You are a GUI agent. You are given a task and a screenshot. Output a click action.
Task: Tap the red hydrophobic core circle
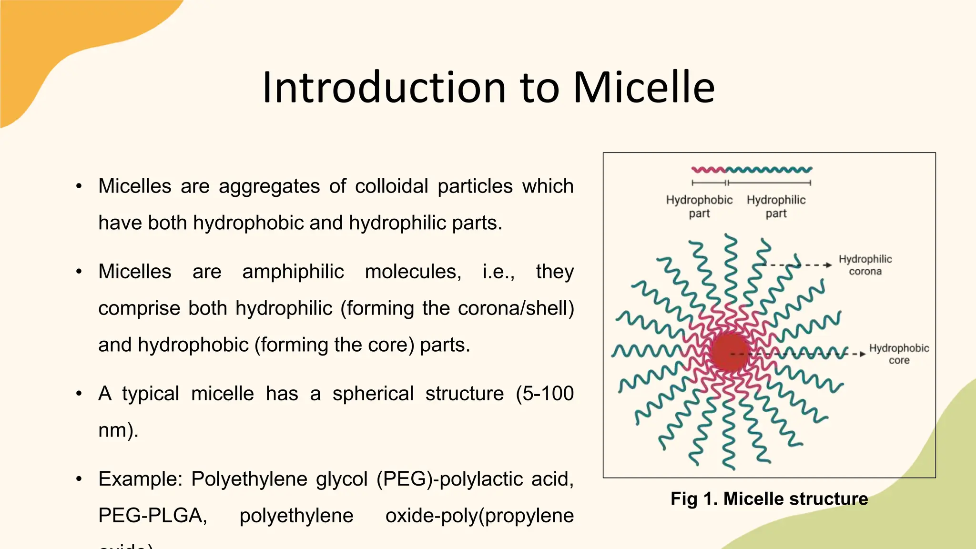[729, 353]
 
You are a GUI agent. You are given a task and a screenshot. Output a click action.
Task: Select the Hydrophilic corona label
[865, 265]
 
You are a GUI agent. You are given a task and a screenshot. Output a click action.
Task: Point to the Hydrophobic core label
[899, 354]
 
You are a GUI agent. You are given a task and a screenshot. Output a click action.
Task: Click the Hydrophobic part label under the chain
[699, 206]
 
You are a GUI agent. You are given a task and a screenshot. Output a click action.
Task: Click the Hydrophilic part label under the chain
[776, 206]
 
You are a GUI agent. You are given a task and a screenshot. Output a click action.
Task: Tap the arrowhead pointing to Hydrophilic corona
[829, 265]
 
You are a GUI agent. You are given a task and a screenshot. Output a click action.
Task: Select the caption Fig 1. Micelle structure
[769, 499]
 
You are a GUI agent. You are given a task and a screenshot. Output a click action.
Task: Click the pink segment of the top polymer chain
[708, 170]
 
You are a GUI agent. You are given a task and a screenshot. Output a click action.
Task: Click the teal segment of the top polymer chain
[768, 170]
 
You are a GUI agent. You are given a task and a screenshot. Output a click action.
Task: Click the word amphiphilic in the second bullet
[293, 272]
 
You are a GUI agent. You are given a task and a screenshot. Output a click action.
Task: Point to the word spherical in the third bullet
[373, 394]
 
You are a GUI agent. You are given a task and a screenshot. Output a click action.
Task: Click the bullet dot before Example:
[79, 479]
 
